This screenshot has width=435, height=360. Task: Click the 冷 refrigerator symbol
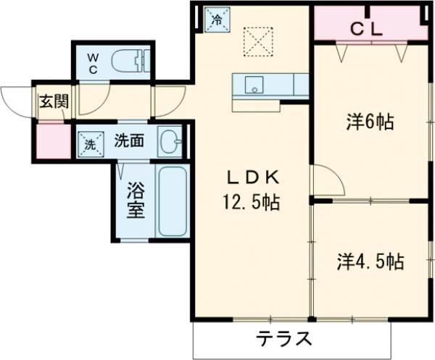(215, 19)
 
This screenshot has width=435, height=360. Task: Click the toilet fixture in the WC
(132, 61)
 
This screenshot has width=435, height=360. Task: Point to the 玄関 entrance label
(54, 101)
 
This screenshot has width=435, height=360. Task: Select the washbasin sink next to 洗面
(169, 141)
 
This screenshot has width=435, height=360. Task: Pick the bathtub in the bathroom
(172, 201)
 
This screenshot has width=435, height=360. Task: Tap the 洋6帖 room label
(369, 122)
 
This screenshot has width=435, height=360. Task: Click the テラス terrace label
(284, 339)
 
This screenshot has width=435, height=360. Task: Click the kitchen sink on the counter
(254, 85)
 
